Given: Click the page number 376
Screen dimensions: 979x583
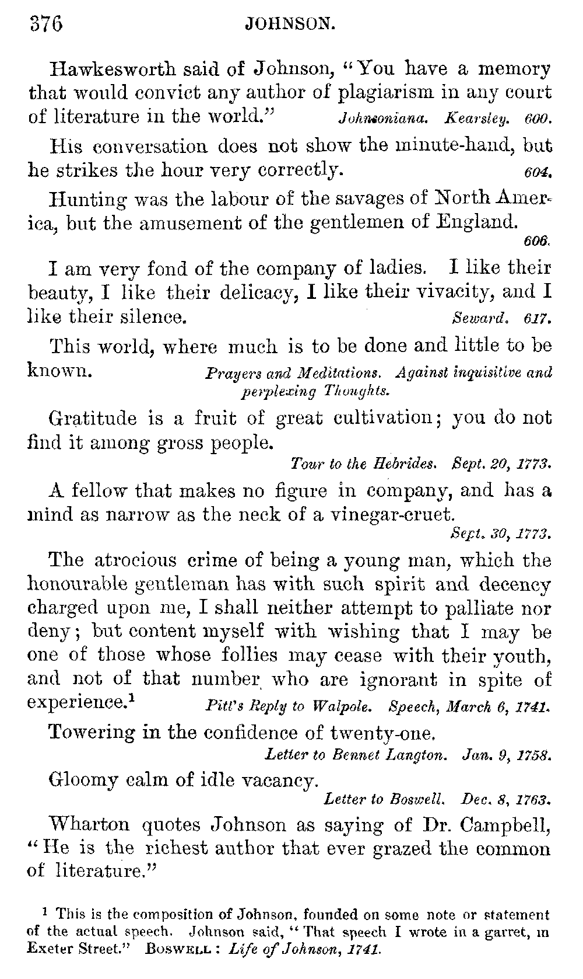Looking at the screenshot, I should coord(45,25).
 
